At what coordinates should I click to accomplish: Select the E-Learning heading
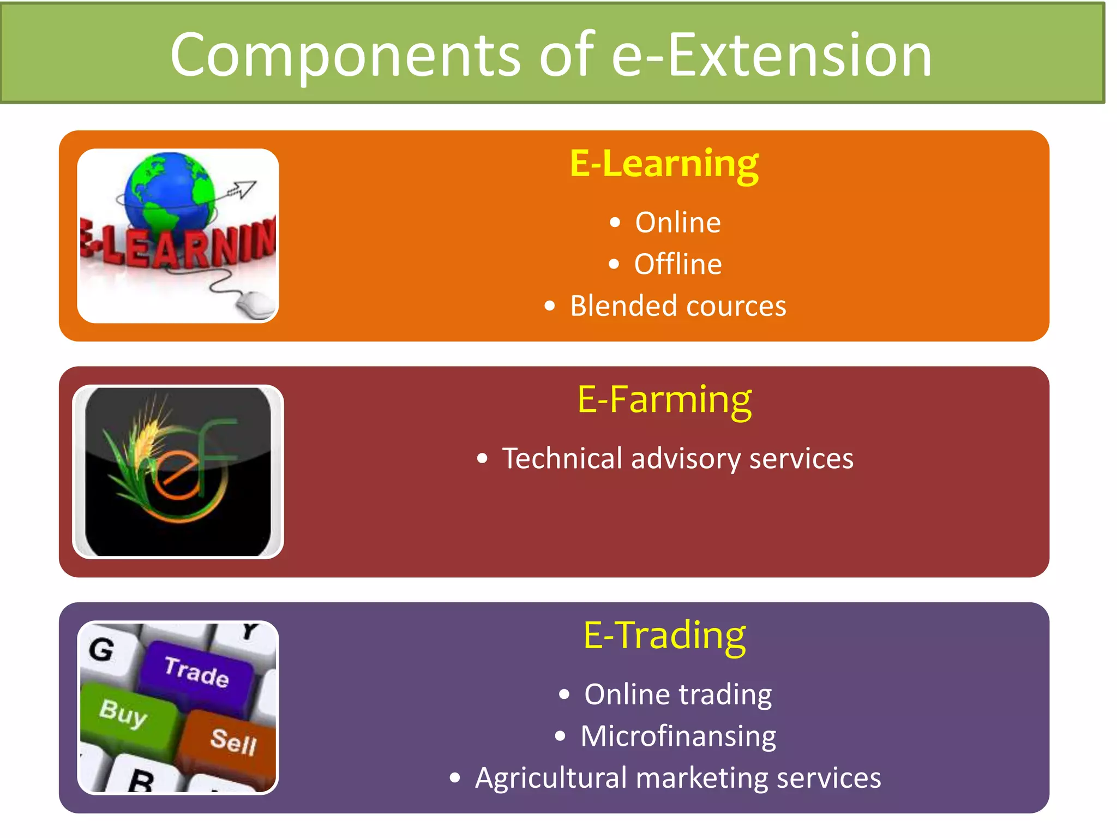tap(664, 164)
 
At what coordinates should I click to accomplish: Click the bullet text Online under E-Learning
tap(677, 223)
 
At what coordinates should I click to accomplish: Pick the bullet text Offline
tap(677, 265)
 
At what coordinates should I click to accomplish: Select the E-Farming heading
tap(664, 400)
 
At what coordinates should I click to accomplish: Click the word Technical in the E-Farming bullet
tap(562, 458)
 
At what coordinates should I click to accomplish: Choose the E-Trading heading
tap(664, 636)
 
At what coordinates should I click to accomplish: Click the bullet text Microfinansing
tap(678, 736)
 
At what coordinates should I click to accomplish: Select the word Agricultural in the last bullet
tap(551, 778)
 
